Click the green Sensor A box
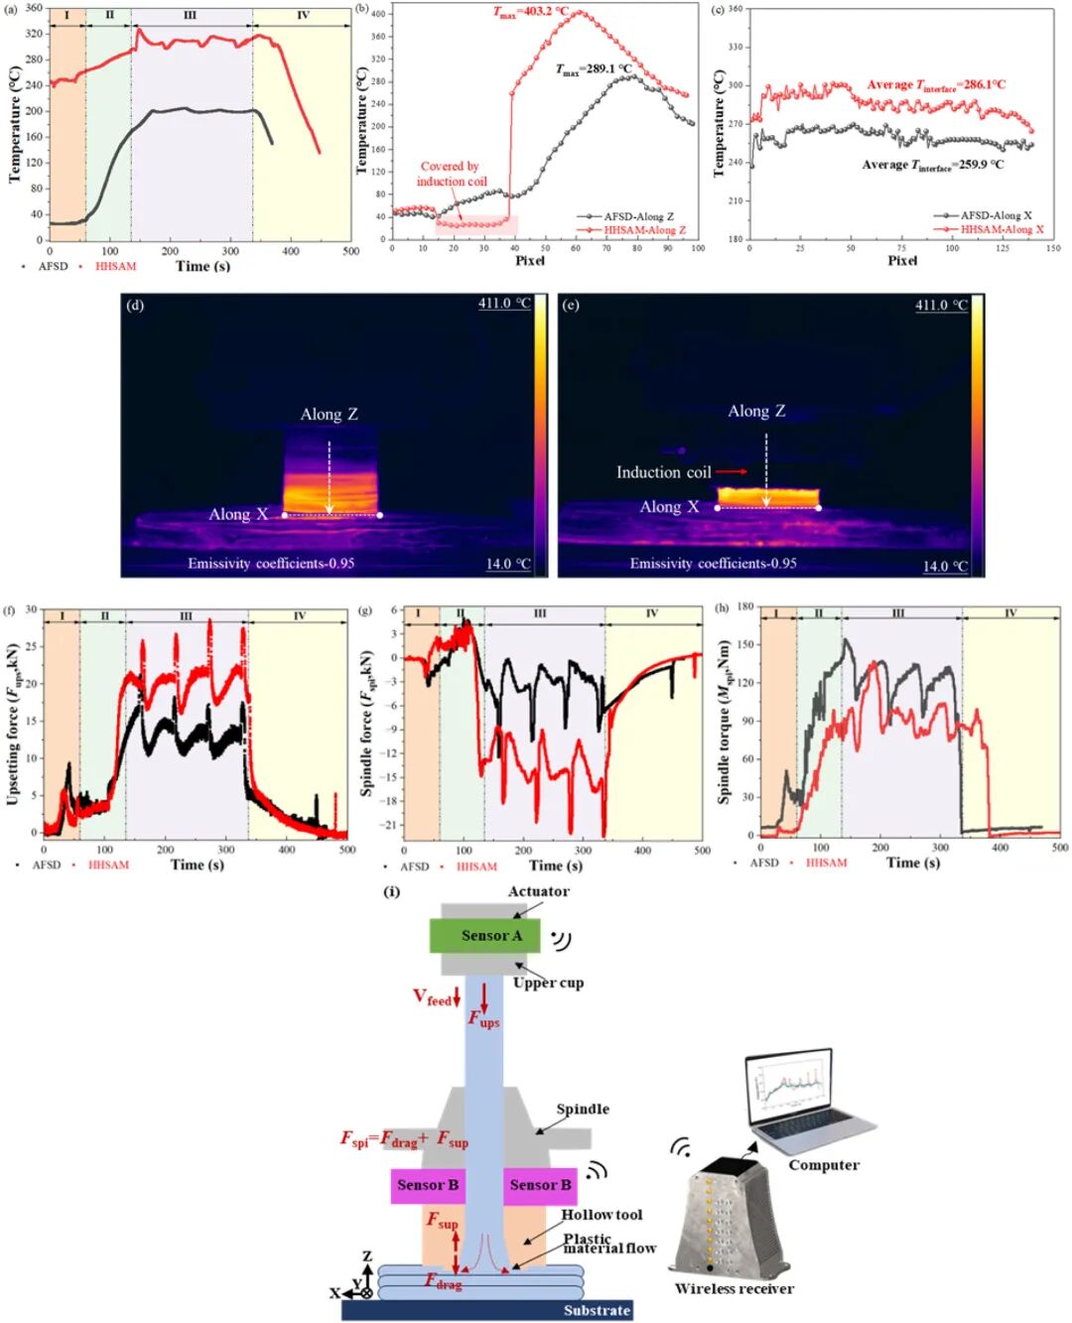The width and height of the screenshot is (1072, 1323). [485, 935]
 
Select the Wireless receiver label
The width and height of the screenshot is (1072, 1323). [734, 1288]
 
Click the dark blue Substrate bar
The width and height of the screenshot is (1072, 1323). [486, 1310]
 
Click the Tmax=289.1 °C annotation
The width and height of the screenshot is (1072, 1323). [594, 69]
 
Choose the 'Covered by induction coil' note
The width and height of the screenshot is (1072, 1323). [451, 174]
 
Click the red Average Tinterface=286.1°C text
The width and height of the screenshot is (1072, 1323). [935, 85]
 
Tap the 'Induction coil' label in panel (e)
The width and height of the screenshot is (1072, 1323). [663, 472]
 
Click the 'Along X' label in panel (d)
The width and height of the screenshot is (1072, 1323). [238, 514]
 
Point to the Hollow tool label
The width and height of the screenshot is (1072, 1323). [602, 1215]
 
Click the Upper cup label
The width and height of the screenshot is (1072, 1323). [548, 983]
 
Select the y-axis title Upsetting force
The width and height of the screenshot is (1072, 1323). [13, 725]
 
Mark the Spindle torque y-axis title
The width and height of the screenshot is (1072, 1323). [725, 722]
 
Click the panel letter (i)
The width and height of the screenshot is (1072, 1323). [391, 891]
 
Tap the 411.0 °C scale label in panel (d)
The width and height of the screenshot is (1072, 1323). [504, 304]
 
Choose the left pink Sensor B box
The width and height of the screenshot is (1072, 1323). [428, 1185]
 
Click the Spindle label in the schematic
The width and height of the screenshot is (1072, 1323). [583, 1109]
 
